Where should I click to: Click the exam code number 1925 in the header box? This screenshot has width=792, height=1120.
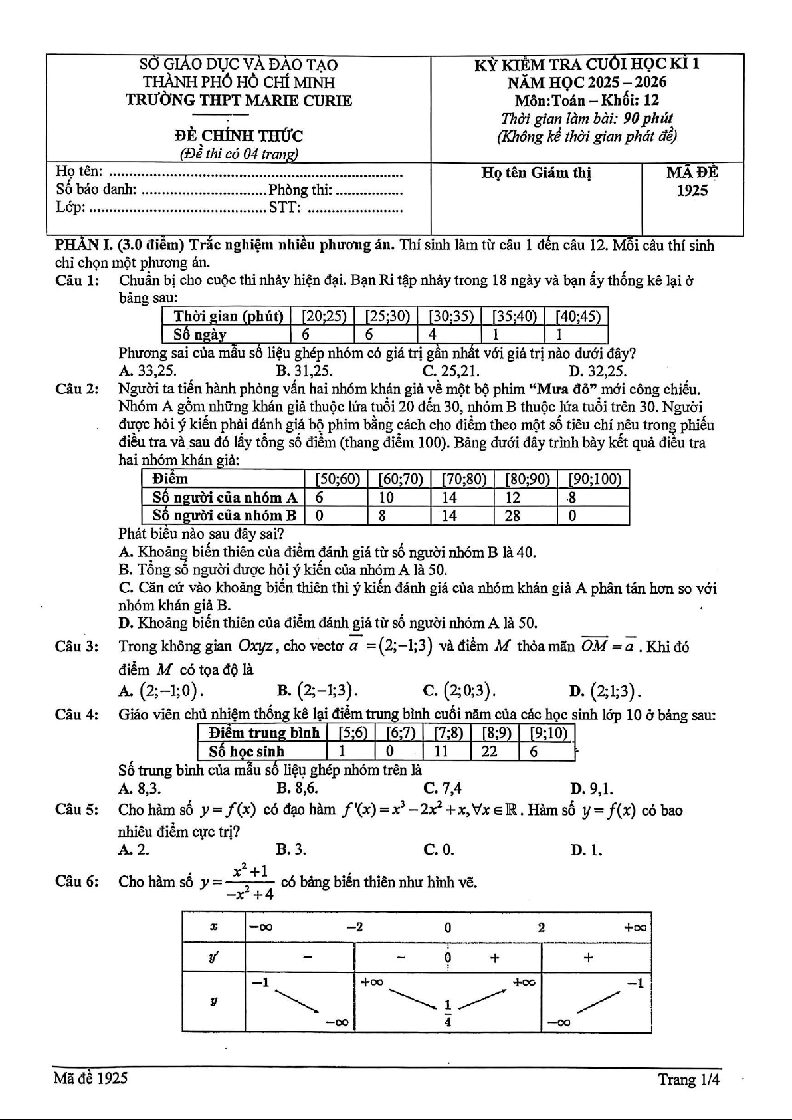click(692, 191)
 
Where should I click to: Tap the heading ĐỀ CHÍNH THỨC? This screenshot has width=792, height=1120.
click(239, 136)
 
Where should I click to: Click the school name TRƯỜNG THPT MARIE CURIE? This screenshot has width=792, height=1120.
click(239, 101)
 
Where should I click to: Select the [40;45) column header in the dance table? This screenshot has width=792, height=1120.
click(577, 316)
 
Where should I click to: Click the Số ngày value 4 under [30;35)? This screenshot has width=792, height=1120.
click(433, 334)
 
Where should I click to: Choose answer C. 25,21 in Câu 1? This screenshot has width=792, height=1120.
click(451, 371)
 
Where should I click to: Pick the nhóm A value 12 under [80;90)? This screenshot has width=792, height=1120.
click(513, 497)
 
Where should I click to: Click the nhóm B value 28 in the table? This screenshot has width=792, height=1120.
click(513, 516)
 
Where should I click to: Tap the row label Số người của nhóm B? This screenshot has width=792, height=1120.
click(224, 516)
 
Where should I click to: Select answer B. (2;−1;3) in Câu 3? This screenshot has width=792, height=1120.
click(318, 691)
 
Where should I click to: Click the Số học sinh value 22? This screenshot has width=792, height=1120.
click(489, 752)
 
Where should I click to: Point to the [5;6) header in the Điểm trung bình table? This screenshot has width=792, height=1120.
click(352, 733)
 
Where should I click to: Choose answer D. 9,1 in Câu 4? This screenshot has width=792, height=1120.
click(591, 789)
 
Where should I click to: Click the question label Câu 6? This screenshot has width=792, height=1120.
click(77, 882)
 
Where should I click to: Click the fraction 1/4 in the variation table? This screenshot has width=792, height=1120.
click(448, 1014)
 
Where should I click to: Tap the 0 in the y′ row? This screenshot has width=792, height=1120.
click(448, 958)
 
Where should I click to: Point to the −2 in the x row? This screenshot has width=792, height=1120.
click(355, 927)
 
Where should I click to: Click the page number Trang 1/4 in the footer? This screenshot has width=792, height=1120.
click(689, 1079)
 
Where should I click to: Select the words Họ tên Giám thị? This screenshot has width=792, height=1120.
click(536, 173)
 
